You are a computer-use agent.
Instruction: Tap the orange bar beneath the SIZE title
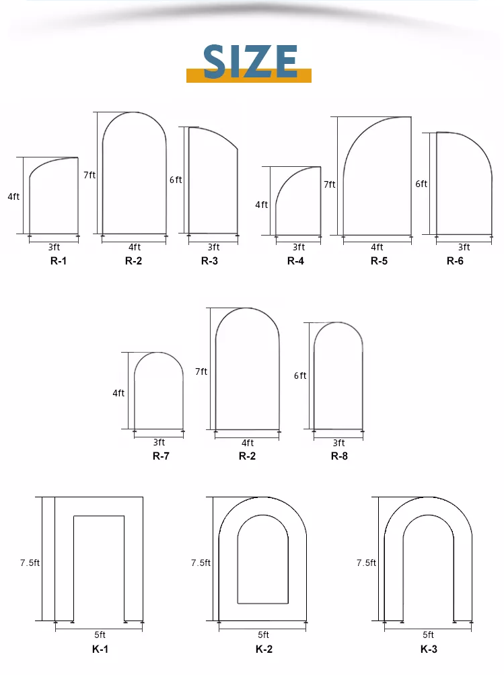coord(248,77)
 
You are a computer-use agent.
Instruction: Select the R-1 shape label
coord(59,261)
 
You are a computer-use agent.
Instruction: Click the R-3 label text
coord(209,261)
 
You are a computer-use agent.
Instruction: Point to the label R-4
coord(295,261)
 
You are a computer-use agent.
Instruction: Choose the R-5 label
coord(379,261)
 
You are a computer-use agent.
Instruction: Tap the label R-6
coord(455,261)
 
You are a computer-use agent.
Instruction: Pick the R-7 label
coord(160,456)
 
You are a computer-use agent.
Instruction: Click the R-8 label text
coord(338,456)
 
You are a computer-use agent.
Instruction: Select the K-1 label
coord(100,649)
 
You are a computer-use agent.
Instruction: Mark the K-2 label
coord(263,649)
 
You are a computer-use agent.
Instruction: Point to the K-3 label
coord(429,649)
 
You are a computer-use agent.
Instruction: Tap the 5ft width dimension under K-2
coord(263,634)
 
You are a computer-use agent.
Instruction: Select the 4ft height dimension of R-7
coord(118,393)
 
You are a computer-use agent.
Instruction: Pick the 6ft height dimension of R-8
coord(300,376)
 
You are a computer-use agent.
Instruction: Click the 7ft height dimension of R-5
coord(329,184)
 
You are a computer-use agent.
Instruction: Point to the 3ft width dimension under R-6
coord(464,247)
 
